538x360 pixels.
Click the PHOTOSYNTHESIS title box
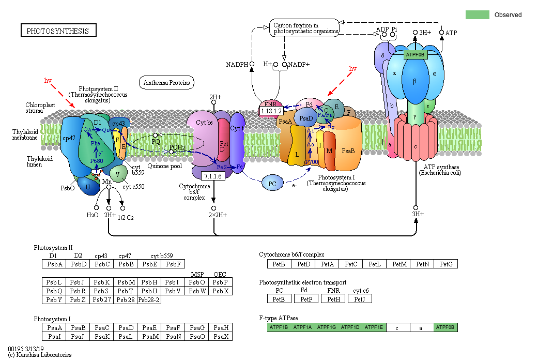(58, 31)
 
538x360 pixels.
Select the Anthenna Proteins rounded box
(166, 82)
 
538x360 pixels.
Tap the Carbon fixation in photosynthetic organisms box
(304, 28)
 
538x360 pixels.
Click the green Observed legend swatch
(477, 14)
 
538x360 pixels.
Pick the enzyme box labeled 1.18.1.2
(271, 111)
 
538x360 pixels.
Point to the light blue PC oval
(272, 183)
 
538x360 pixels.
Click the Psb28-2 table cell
(149, 300)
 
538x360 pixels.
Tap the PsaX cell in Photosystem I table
(221, 337)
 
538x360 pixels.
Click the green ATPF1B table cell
(279, 327)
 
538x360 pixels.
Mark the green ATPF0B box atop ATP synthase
(415, 54)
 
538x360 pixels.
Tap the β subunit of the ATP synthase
(414, 81)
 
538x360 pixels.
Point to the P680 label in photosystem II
(97, 161)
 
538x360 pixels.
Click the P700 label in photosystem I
(311, 162)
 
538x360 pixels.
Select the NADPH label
(237, 65)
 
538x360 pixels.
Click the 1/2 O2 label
(126, 217)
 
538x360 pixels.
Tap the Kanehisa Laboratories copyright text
(40, 355)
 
